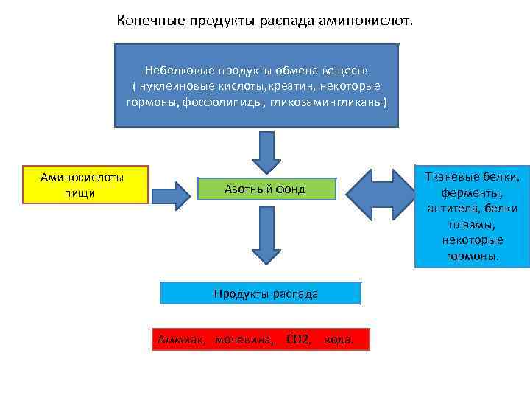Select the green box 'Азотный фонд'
pos(265,189)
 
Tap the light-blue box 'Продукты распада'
pos(266,293)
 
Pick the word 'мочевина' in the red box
pos(244,340)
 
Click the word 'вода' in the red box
pos(339,340)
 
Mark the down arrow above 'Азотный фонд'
pos(266,152)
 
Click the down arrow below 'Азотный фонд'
pos(266,234)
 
